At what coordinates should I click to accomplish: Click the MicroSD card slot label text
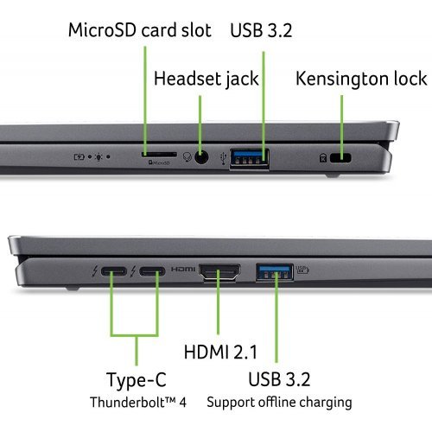[x=139, y=31]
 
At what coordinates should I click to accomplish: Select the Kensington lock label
[x=361, y=79]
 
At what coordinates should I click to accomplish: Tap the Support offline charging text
[x=279, y=402]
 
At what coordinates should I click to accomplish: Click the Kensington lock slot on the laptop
[x=343, y=158]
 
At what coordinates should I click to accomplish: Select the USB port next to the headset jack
[x=250, y=157]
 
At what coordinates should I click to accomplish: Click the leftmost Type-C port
[x=113, y=275]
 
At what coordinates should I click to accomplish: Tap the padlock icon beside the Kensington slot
[x=322, y=158]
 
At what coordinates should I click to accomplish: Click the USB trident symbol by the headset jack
[x=224, y=157]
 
